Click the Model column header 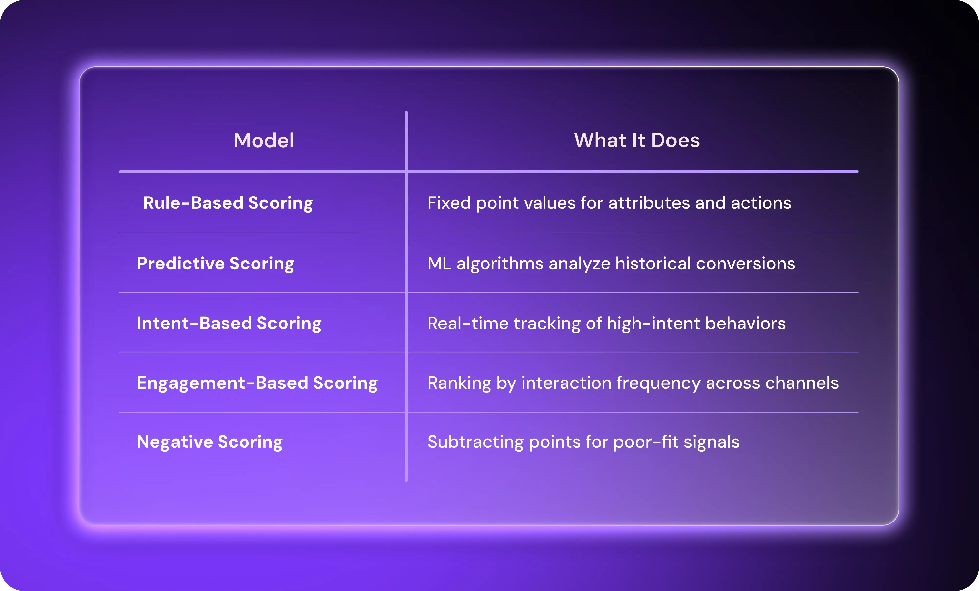tap(264, 141)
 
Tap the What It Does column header tap(636, 141)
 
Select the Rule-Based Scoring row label tap(228, 203)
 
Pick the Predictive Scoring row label tap(215, 264)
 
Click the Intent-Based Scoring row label tap(229, 323)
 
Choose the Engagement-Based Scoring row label tap(257, 383)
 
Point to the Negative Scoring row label tap(209, 442)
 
